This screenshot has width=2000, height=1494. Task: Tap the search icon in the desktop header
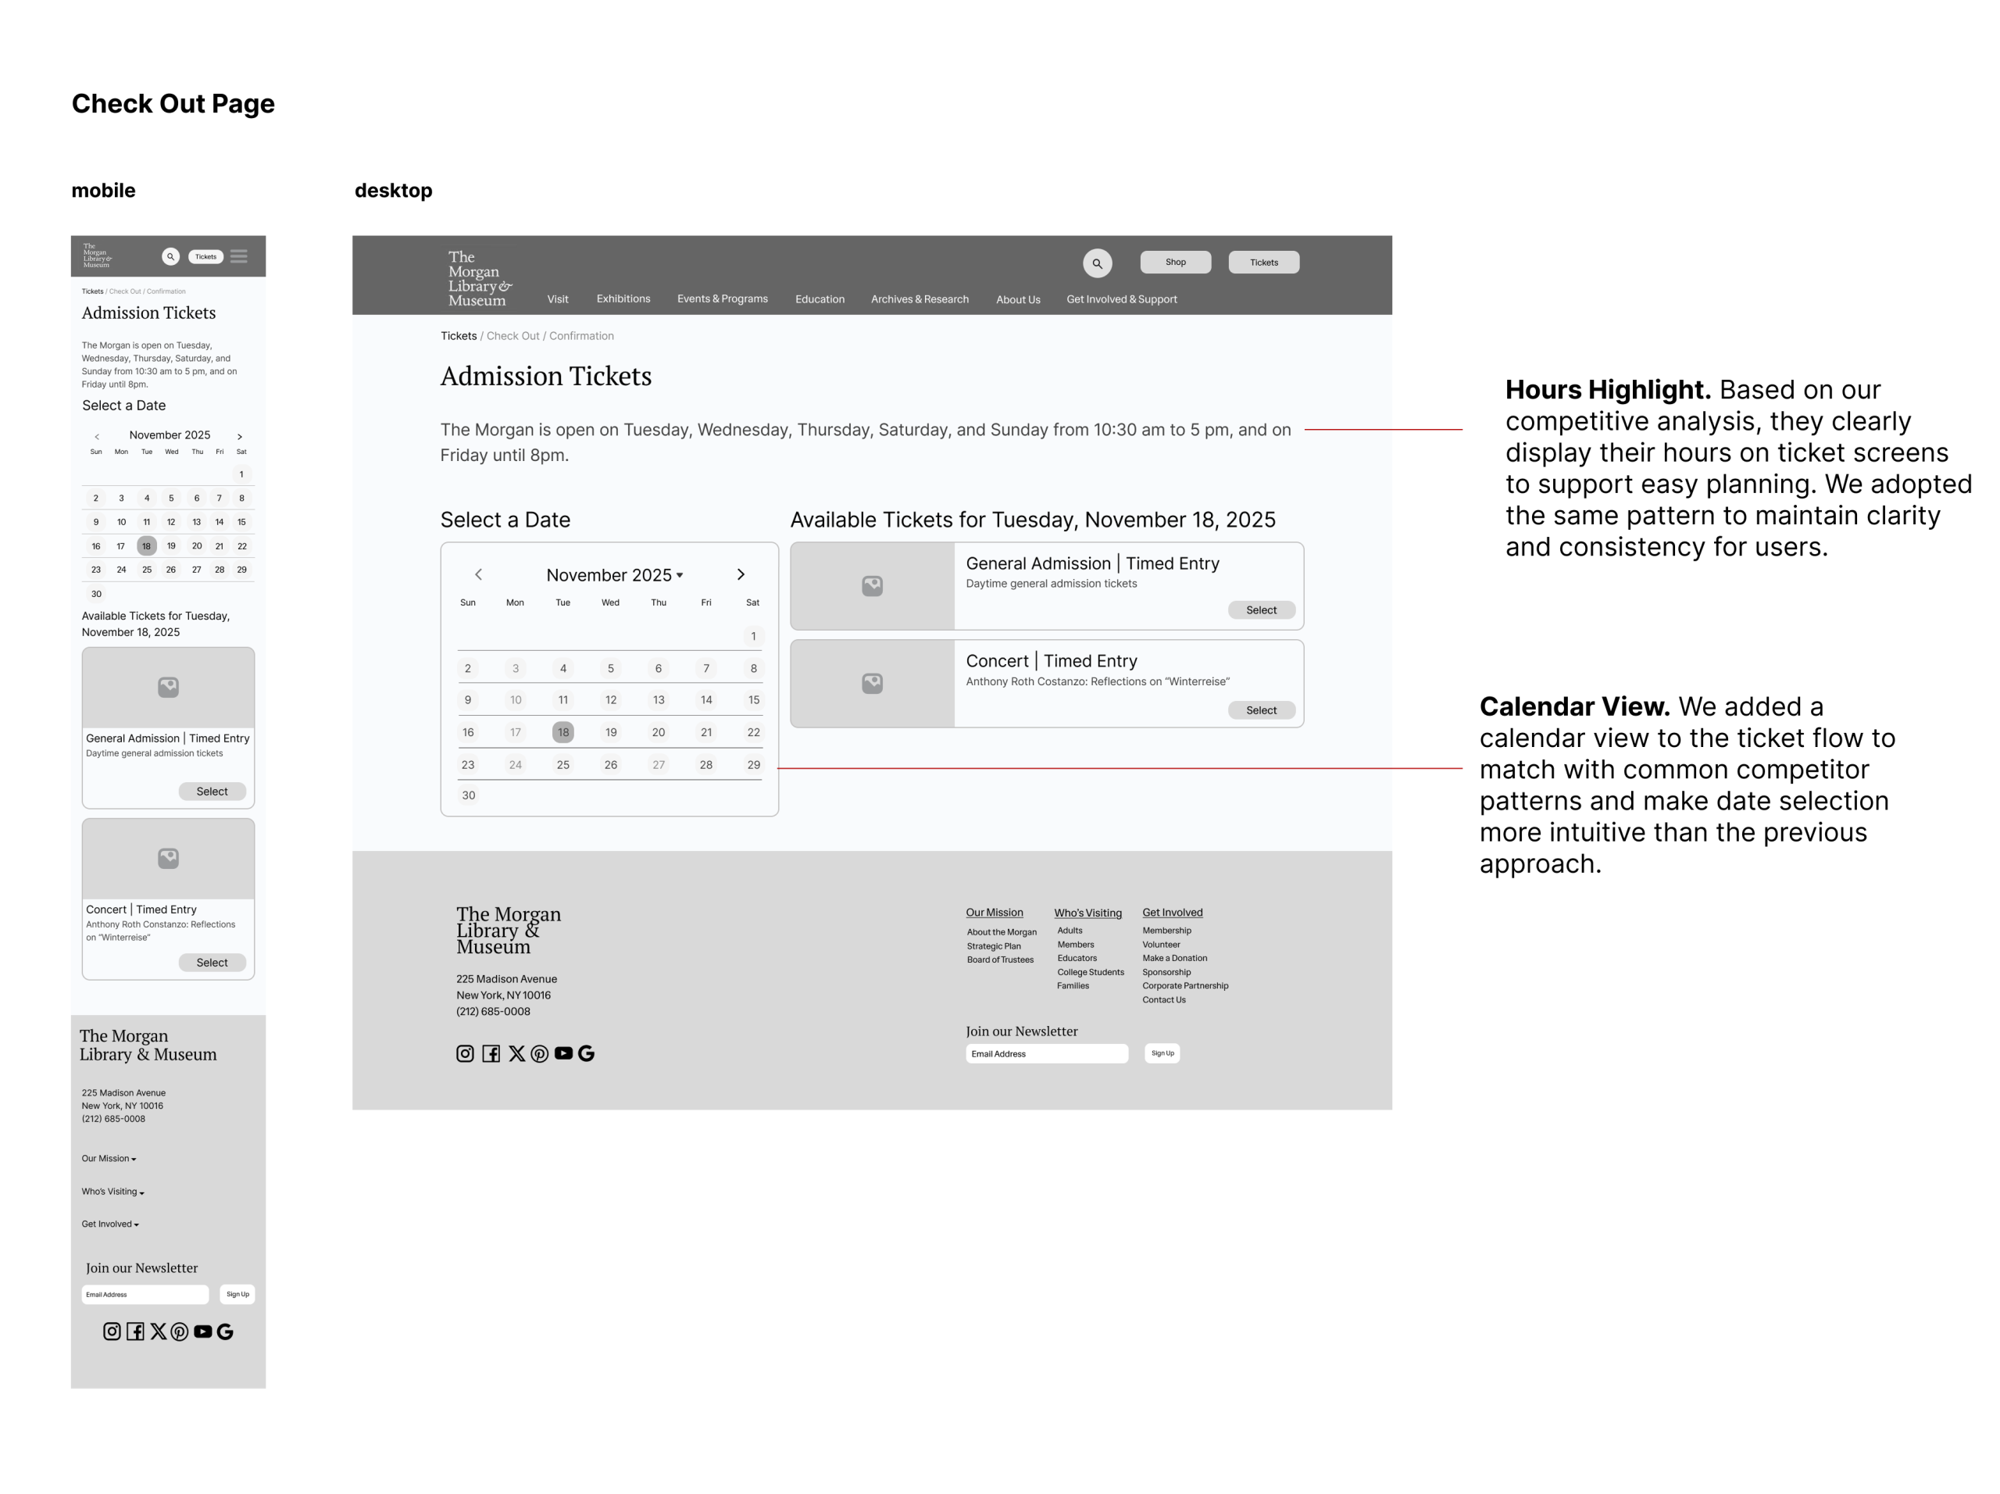(x=1097, y=263)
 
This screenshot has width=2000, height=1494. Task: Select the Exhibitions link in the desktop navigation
(x=623, y=299)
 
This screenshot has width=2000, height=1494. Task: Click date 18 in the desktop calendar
(x=562, y=732)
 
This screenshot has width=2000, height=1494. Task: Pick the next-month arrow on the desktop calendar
(x=741, y=575)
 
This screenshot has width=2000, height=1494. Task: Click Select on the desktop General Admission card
(x=1260, y=610)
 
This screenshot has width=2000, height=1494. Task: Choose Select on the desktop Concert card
(x=1260, y=711)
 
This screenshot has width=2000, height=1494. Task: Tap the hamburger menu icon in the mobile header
(x=239, y=257)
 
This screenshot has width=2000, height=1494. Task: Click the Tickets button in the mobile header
(x=205, y=257)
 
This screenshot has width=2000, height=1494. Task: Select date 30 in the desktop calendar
(x=468, y=795)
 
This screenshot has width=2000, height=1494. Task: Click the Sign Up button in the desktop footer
(x=1162, y=1053)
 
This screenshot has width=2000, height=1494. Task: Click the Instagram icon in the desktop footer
(x=465, y=1053)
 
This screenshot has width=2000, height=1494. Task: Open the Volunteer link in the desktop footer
(x=1161, y=945)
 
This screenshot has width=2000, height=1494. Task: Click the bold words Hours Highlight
(x=1608, y=391)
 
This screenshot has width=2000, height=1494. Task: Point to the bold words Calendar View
(x=1574, y=707)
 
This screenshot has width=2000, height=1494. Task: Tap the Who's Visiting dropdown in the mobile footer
(x=113, y=1192)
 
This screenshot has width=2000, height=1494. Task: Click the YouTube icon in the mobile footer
(x=202, y=1332)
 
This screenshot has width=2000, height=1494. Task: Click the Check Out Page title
(x=173, y=104)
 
